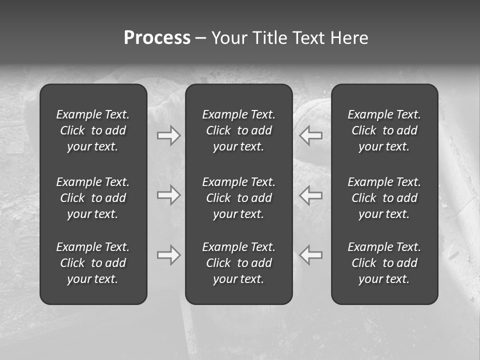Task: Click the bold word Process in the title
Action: click(157, 38)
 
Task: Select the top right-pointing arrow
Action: click(168, 135)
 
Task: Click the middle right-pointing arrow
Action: click(168, 195)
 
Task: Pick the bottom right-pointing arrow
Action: click(168, 255)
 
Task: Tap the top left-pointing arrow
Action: click(311, 135)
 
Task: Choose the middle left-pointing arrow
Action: click(311, 195)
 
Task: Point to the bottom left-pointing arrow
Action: click(311, 255)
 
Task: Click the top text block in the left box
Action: click(93, 130)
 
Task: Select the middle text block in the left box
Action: click(93, 198)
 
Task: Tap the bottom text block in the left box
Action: click(93, 263)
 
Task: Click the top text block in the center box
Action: click(238, 130)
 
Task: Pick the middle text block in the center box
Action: click(238, 198)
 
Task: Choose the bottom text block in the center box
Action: click(238, 263)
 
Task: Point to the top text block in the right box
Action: click(384, 130)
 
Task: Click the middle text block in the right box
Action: click(384, 198)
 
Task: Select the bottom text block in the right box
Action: click(384, 263)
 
